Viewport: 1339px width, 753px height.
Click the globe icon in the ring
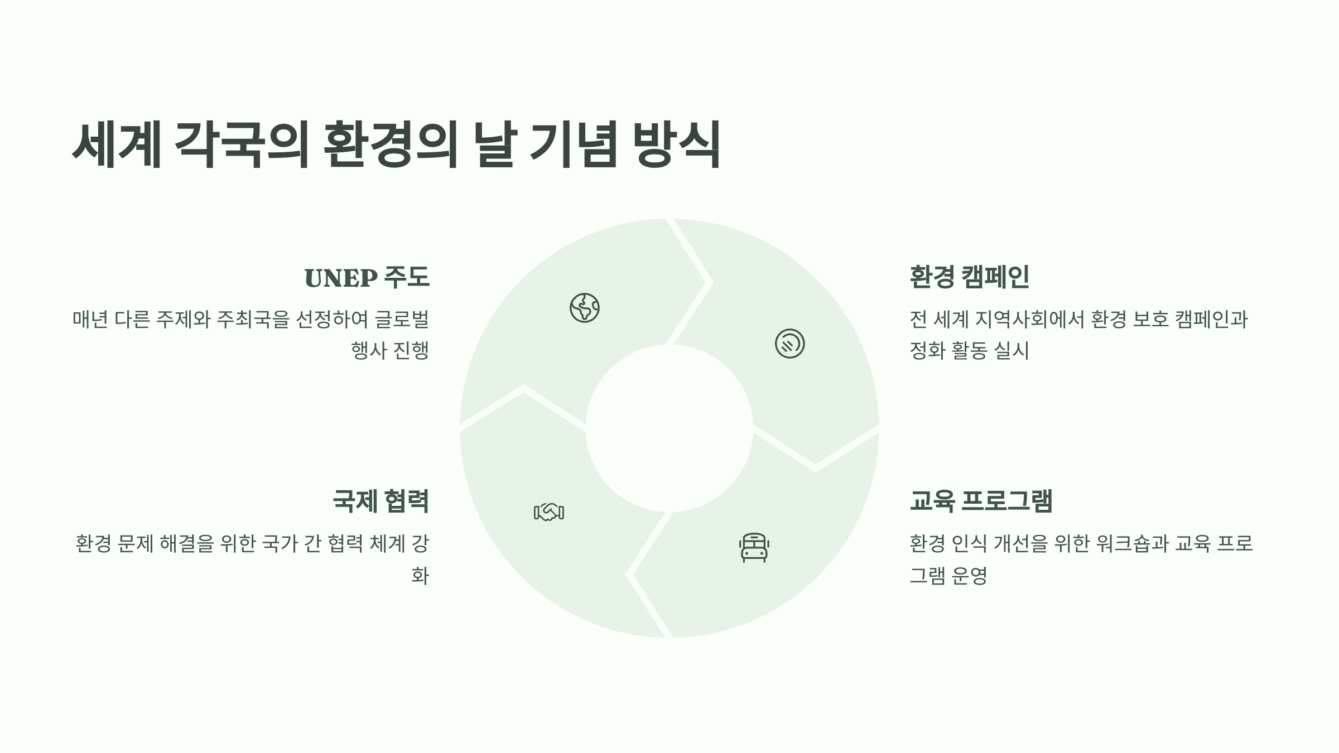[584, 308]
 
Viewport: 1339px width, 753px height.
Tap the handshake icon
[549, 511]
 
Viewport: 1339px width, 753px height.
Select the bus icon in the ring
[754, 547]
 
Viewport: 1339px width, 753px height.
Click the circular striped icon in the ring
[789, 344]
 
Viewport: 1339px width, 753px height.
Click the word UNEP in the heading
[340, 278]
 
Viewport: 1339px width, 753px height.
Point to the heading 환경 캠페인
[969, 277]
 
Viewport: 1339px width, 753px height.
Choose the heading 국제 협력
[380, 500]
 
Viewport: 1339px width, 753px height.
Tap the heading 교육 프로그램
[981, 500]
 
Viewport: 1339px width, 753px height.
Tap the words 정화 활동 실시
[969, 351]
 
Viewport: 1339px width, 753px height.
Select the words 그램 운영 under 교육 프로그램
[948, 575]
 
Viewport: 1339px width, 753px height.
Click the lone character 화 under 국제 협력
[420, 575]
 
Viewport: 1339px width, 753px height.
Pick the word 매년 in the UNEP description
[90, 320]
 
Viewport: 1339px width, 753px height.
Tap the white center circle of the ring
[669, 428]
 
